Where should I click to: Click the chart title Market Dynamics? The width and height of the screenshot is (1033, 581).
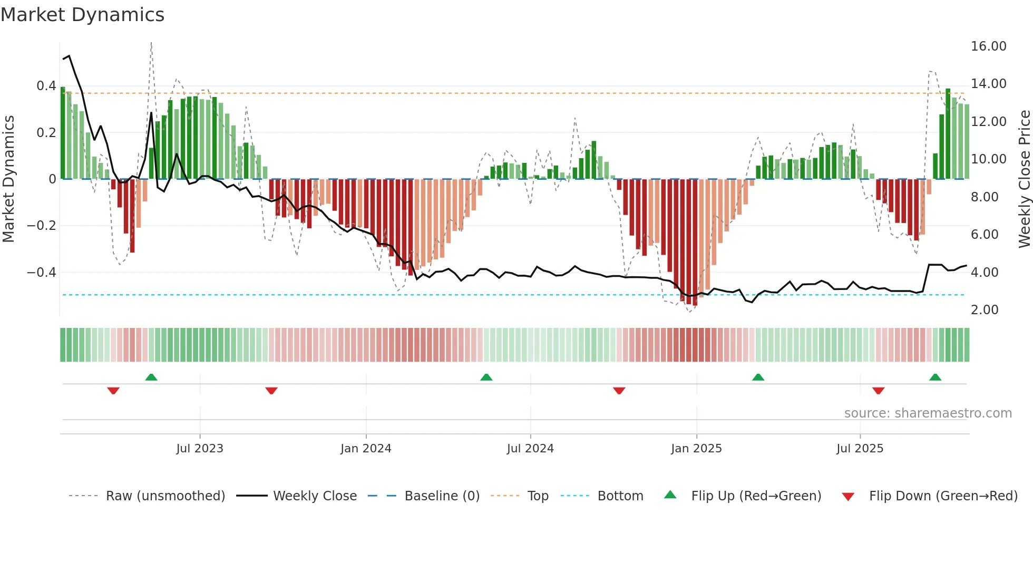[x=82, y=15]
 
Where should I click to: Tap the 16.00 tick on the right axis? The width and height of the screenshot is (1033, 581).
[x=988, y=46]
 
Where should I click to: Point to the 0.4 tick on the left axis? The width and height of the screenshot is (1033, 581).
[x=46, y=86]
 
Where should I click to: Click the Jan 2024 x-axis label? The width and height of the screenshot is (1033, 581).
[x=366, y=449]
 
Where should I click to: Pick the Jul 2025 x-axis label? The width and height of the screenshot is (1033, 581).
[x=860, y=449]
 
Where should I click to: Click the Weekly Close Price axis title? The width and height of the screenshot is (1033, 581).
[x=1024, y=179]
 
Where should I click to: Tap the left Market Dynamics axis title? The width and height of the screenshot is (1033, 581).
[x=8, y=179]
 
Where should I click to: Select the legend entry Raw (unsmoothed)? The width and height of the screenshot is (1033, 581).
[x=165, y=496]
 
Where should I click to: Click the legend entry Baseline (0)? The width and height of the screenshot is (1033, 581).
[x=442, y=496]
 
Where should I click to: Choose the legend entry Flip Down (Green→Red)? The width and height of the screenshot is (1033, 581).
[x=943, y=496]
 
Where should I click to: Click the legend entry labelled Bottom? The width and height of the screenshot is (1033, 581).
[x=620, y=496]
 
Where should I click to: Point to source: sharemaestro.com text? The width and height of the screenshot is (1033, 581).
[x=928, y=413]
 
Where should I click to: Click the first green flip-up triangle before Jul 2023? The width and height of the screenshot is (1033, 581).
[x=151, y=377]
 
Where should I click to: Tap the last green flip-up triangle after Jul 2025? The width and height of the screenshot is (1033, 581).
[x=935, y=377]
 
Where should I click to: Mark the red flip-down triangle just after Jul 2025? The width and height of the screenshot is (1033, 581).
[x=878, y=391]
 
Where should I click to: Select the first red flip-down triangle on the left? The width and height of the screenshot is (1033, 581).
[x=113, y=391]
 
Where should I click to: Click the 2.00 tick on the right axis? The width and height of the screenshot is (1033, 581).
[x=984, y=310]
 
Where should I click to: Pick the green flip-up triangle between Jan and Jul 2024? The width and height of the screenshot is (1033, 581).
[x=486, y=377]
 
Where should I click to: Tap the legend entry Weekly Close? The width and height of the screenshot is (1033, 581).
[x=315, y=496]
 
